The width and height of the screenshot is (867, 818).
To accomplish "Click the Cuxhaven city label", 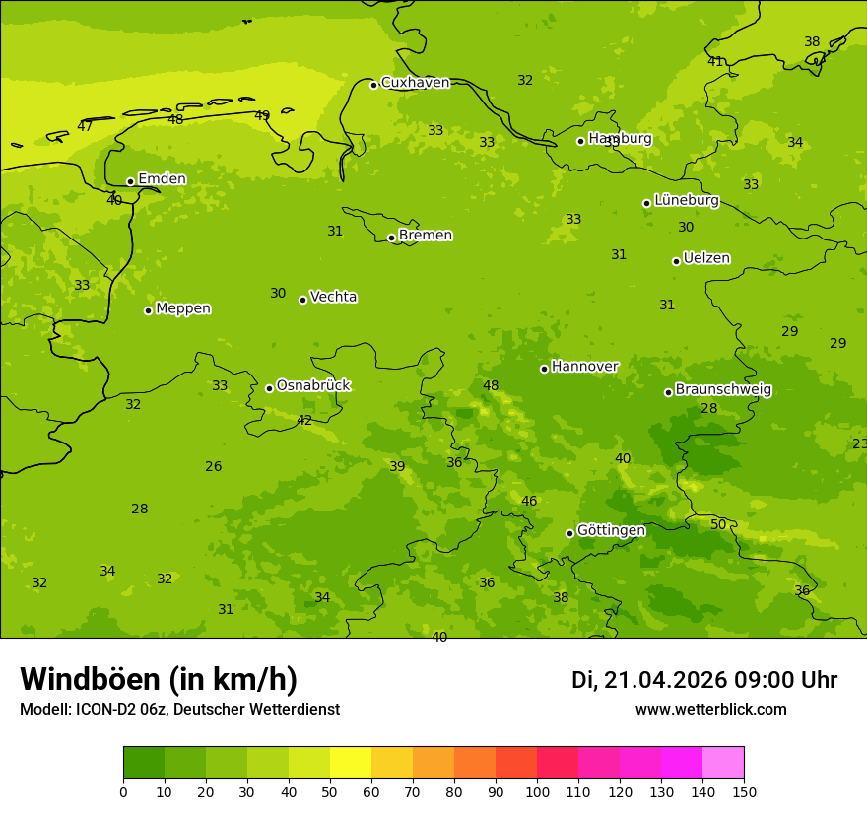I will tap(415, 83).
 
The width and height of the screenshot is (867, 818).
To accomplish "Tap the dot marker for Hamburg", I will tap(580, 141).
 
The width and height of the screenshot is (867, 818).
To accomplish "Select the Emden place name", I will tap(162, 179).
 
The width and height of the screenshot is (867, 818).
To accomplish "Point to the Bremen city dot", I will tap(391, 238).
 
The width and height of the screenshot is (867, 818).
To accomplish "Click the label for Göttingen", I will tap(611, 531).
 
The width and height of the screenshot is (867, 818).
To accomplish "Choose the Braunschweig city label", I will tap(723, 390).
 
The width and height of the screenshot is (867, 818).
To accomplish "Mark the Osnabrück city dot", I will tap(269, 388).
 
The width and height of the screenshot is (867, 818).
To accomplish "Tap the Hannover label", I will tap(584, 367).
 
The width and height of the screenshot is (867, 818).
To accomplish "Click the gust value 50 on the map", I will tap(718, 524).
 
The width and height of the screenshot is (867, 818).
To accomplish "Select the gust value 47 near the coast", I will tap(85, 126).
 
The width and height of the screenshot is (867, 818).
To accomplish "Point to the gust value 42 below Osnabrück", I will tap(304, 420).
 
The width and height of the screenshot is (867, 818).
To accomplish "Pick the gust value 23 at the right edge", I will tap(859, 443).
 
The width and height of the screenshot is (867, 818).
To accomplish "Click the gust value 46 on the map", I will tap(529, 501).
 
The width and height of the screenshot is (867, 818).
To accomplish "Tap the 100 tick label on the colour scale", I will tap(537, 791).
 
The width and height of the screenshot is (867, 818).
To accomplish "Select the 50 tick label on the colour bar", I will tap(330, 791).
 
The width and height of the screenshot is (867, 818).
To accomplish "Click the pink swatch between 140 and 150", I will tap(723, 763).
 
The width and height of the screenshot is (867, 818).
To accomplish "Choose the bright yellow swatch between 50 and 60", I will tap(351, 763).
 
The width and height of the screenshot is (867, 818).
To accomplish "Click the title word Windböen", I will tap(90, 679).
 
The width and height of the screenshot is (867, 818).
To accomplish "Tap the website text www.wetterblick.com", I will tap(710, 709).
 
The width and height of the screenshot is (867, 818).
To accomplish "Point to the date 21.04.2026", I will tap(665, 680).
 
